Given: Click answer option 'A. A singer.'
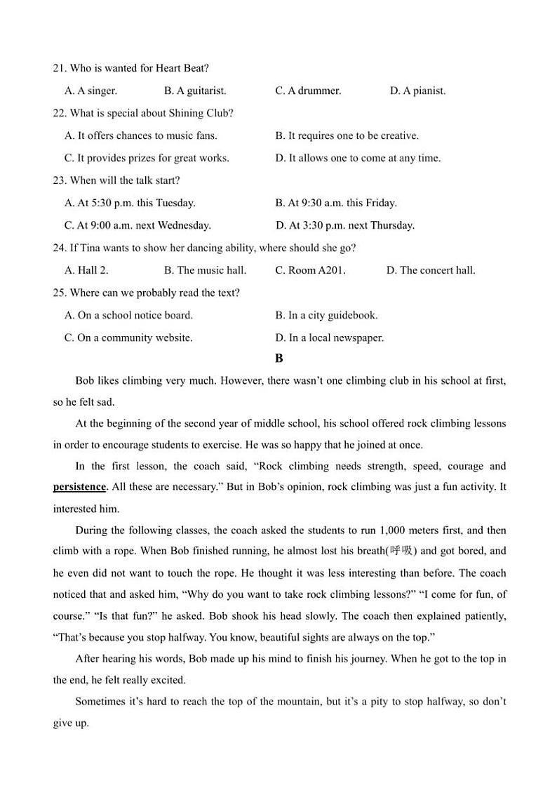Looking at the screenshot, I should point(90,91).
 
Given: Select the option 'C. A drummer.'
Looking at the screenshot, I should point(308,91).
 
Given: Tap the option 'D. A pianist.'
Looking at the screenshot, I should point(417,91).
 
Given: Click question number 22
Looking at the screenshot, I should point(59,113).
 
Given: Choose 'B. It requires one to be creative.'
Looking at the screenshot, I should point(347,135).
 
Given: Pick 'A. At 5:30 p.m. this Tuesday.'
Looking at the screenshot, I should point(130,203).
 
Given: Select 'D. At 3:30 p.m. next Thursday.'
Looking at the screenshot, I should point(345,225).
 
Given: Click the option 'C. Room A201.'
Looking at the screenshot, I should point(310,270).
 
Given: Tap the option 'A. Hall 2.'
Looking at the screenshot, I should point(86,270).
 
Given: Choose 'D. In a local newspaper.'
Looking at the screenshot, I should point(330,338).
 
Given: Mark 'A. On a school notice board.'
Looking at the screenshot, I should point(128,315).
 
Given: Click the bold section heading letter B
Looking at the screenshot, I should point(279,359).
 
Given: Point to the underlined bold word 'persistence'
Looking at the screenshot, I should point(79,487).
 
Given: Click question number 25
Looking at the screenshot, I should point(59,293).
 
